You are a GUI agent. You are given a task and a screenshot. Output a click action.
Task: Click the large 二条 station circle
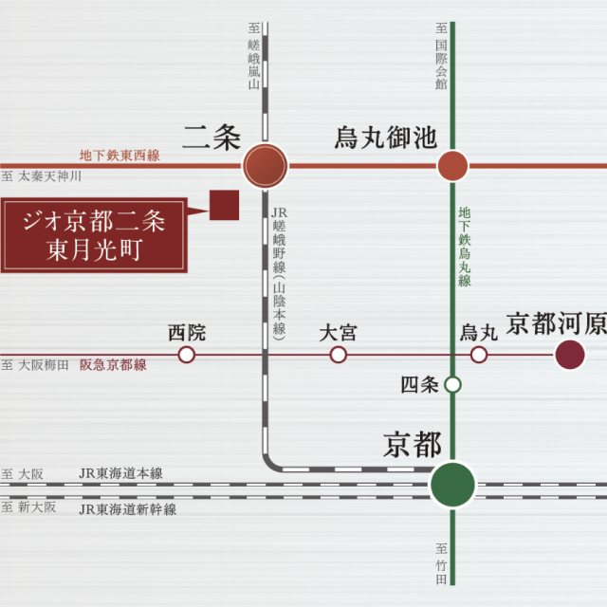[x=266, y=166]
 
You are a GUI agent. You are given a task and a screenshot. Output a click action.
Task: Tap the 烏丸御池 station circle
[x=452, y=166]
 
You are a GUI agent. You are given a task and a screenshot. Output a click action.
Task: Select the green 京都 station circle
[x=452, y=485]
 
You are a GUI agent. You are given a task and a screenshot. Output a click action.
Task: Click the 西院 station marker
[x=186, y=355]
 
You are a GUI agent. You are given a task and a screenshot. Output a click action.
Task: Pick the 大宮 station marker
[x=338, y=355]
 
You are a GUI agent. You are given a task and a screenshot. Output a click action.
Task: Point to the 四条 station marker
[x=452, y=385]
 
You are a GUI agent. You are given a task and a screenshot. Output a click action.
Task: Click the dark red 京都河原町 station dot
[x=570, y=355]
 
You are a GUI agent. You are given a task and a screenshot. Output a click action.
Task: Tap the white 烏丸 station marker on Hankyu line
[x=478, y=355]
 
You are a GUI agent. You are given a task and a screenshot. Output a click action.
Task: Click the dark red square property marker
[x=224, y=205]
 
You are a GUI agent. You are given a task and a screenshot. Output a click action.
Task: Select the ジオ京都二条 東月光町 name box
[x=94, y=235]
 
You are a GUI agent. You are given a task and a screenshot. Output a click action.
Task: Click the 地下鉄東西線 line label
[x=120, y=156]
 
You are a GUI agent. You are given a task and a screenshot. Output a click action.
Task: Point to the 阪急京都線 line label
[x=113, y=365]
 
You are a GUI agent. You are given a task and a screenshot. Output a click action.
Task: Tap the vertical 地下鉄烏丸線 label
[x=464, y=247]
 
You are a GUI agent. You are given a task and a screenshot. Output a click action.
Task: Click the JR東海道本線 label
[x=120, y=473]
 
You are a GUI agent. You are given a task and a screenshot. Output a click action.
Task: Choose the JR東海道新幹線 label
[x=127, y=509]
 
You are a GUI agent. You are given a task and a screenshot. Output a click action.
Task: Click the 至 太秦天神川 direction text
[x=41, y=176]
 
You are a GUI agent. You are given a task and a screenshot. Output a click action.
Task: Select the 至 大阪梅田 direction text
[x=35, y=365]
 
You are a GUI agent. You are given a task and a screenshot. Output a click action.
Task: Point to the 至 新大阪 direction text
[x=28, y=507]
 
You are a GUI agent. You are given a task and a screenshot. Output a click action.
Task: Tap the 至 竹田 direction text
[x=441, y=563]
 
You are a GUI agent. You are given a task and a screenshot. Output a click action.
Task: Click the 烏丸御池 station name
[x=386, y=138]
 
